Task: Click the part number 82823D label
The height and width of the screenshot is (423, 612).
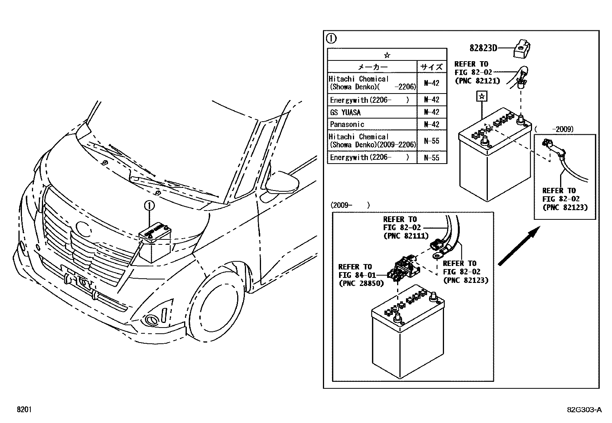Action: point(483,48)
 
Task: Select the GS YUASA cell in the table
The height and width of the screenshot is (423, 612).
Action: point(345,112)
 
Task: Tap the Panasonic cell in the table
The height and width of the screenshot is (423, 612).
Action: point(347,124)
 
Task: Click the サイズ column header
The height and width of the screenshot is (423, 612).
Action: point(432,67)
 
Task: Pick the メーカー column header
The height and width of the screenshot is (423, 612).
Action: point(372,67)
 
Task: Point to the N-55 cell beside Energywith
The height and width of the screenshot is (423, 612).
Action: point(432,157)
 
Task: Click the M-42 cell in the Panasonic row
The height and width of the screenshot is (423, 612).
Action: point(432,124)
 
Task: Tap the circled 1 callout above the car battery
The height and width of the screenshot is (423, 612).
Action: point(149,206)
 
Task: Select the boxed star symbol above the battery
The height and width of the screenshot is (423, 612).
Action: point(481,96)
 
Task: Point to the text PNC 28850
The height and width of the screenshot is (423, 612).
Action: point(361,283)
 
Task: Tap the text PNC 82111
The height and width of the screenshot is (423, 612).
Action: point(406,236)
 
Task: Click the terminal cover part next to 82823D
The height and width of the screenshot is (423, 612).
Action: point(524,48)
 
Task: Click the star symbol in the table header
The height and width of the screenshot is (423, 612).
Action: point(387,55)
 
